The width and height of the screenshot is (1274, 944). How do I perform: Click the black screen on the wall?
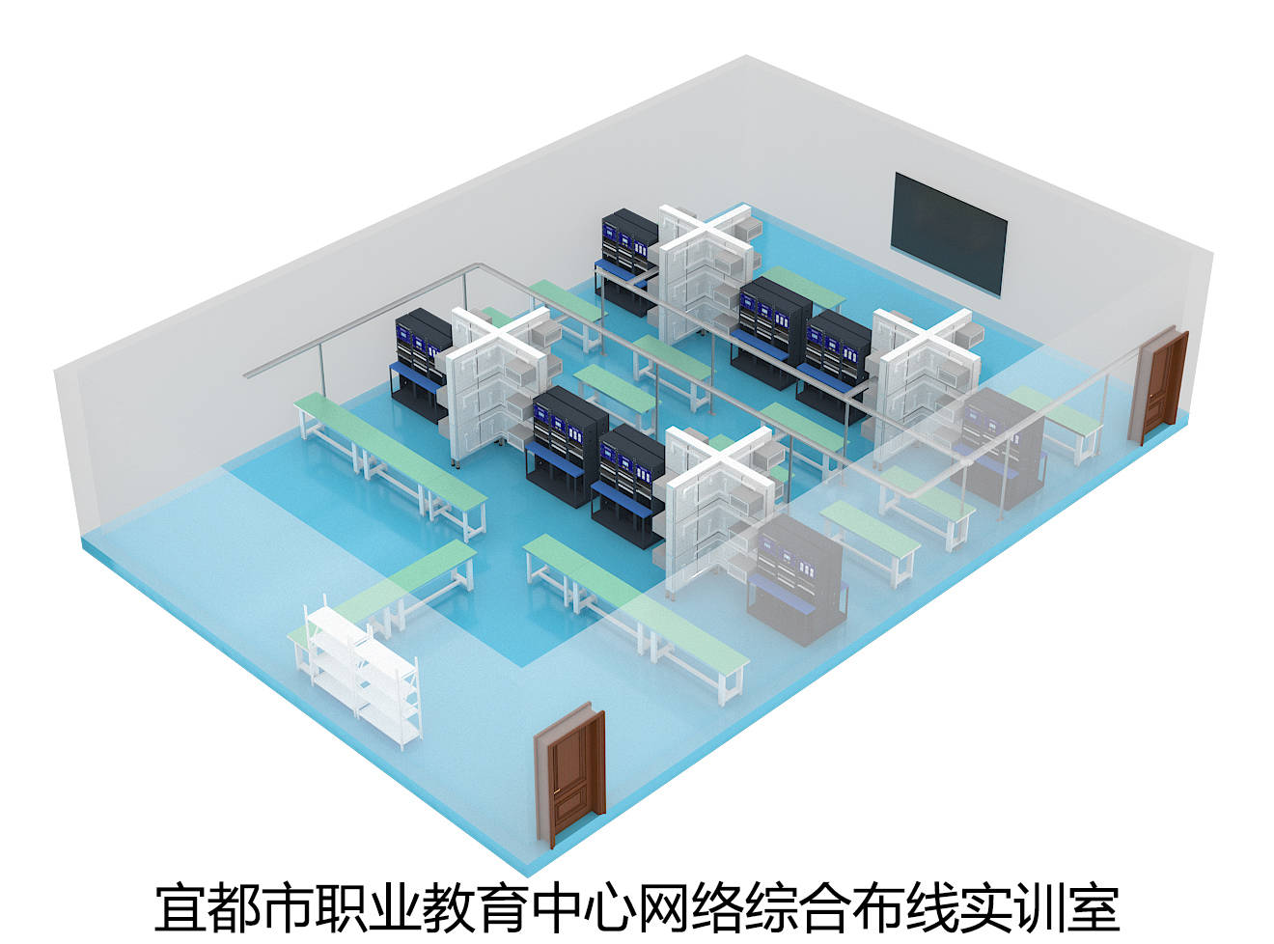click(948, 234)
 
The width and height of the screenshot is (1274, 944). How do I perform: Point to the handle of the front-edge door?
click(555, 793)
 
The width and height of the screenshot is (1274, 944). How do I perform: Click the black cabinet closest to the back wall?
click(627, 262)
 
